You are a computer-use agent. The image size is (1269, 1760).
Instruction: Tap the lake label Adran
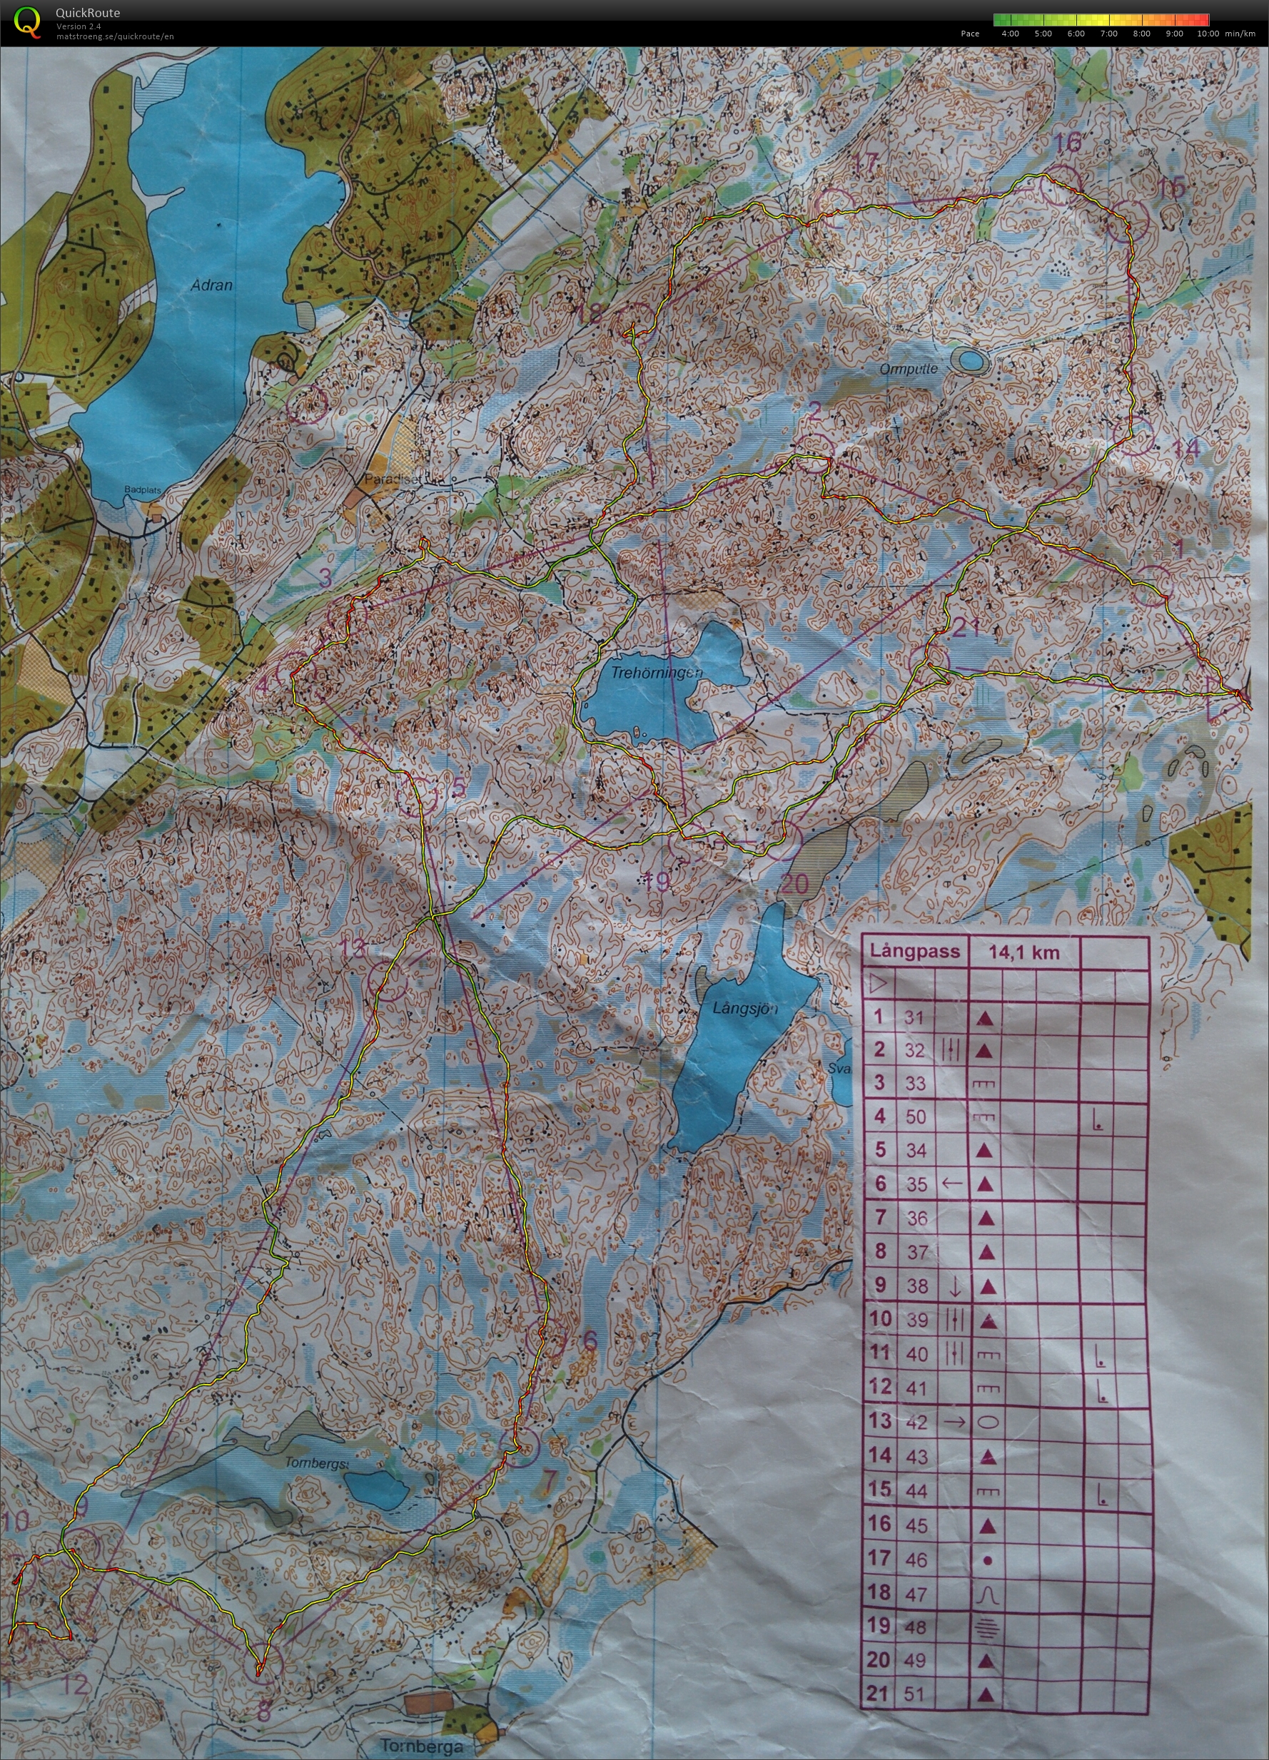click(211, 285)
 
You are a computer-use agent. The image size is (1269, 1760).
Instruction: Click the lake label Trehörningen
click(656, 673)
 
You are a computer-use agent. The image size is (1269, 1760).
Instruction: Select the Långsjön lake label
click(744, 1008)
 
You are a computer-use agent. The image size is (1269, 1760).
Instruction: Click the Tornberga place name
click(420, 1746)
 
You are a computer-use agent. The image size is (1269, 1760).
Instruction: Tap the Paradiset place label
click(391, 479)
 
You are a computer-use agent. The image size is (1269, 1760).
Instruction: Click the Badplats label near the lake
click(143, 490)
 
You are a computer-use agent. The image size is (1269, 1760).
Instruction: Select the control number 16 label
click(1068, 143)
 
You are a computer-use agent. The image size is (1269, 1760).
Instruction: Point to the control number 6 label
click(590, 1341)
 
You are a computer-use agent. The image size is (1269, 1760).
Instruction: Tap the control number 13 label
click(352, 947)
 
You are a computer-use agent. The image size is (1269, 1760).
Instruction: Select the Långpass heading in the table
click(914, 952)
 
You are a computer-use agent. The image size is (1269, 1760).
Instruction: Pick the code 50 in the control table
click(916, 1116)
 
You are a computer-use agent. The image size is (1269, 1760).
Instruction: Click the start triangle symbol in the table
click(879, 985)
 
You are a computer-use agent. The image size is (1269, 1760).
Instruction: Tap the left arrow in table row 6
click(951, 1184)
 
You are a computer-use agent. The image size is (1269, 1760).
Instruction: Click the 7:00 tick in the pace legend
click(1108, 34)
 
